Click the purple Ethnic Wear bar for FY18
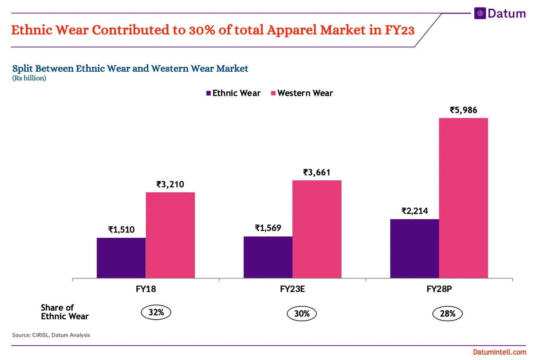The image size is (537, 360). click(121, 258)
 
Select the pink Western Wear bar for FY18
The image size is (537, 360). click(170, 235)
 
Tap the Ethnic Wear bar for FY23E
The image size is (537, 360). click(268, 257)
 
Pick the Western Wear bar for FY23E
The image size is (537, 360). click(317, 229)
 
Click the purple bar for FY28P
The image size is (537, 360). click(414, 248)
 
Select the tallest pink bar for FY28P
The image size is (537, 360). click(463, 198)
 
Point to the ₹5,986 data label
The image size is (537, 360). click(463, 110)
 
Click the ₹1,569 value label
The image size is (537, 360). click(268, 228)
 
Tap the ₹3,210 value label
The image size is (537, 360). click(170, 184)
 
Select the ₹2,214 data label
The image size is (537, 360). click(414, 211)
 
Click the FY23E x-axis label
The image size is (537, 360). click(292, 289)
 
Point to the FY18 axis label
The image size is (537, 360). click(145, 289)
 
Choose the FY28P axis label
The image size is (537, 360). click(439, 289)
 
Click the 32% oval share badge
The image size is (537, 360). click(156, 313)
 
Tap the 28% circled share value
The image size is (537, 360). click(447, 314)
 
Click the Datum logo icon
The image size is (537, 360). click(480, 13)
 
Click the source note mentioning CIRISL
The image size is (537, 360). click(51, 335)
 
